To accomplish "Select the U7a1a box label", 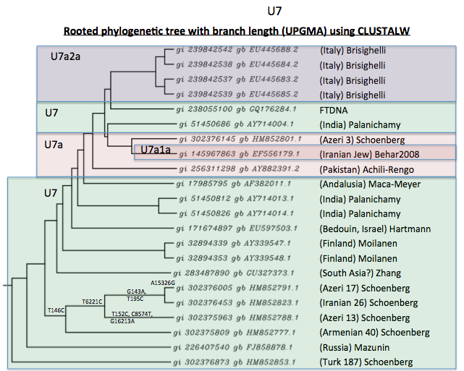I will pyautogui.click(x=155, y=150).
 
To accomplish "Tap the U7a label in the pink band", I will pyautogui.click(x=54, y=145).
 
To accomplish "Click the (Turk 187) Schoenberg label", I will pyautogui.click(x=366, y=362).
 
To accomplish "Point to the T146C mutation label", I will pyautogui.click(x=56, y=310).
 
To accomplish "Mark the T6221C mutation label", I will pyautogui.click(x=93, y=301).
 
